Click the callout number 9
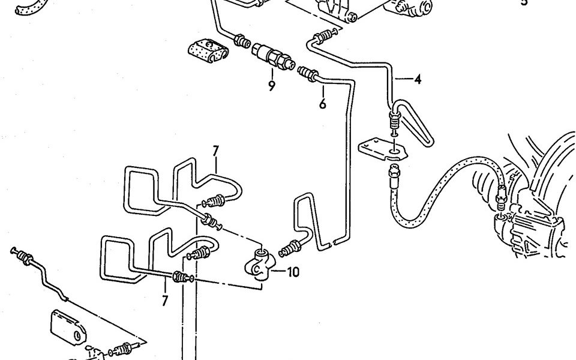point(271,86)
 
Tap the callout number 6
point(323,104)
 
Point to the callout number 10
point(292,272)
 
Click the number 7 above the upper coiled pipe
point(216,150)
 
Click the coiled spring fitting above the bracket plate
point(394,124)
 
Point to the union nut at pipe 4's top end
point(323,35)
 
